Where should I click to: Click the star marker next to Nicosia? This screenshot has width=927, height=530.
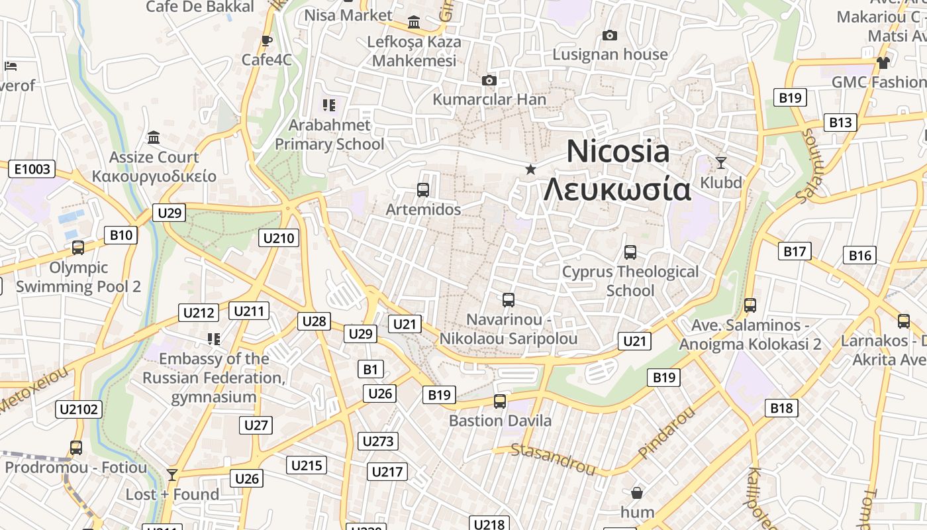(530, 170)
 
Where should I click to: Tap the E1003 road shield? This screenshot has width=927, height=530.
(32, 169)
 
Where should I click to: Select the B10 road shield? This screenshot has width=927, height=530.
(121, 235)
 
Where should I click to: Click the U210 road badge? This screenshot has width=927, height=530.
(279, 238)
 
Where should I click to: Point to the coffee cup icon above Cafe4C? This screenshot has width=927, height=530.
(267, 40)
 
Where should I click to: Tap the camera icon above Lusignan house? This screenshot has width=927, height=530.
(610, 35)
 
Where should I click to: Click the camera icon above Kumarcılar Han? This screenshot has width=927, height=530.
(489, 80)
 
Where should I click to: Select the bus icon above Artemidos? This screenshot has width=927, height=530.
(423, 189)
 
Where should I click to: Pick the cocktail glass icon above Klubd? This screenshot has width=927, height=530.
(721, 162)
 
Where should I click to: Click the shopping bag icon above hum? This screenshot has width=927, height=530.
(636, 492)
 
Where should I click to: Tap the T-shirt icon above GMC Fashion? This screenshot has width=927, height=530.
(883, 63)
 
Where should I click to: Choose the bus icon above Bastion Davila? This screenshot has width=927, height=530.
(500, 401)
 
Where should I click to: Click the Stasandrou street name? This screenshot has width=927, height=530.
(553, 459)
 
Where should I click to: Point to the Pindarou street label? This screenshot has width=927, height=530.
(667, 432)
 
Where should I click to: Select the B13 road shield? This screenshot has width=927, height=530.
(840, 123)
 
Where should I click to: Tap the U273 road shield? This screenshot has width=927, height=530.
(379, 441)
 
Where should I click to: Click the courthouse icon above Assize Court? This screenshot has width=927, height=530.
(154, 137)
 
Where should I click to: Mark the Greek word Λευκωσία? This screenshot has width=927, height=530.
(617, 189)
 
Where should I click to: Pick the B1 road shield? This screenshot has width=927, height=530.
(370, 369)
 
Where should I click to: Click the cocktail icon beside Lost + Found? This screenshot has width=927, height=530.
(172, 474)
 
